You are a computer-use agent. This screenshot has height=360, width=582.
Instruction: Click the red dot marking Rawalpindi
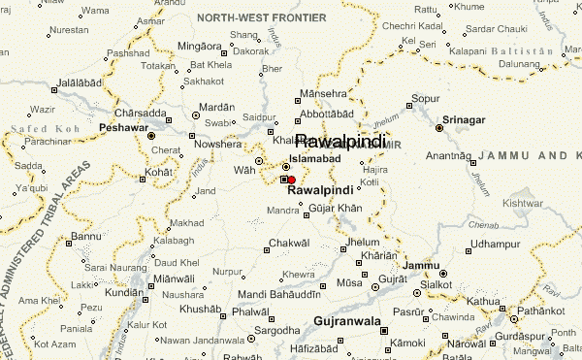(291, 179)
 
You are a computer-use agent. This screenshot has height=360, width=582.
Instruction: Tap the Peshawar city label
(124, 127)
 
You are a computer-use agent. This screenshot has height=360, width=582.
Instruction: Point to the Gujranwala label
(348, 319)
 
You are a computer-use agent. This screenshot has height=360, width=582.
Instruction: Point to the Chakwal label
(289, 242)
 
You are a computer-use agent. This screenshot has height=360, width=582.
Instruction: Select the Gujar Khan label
(335, 209)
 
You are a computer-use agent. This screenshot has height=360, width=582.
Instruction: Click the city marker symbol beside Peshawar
(150, 136)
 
